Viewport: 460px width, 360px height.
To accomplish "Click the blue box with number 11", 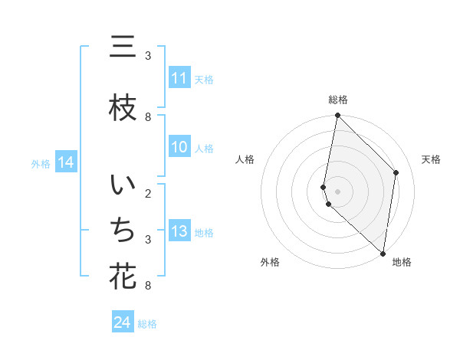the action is (179, 78).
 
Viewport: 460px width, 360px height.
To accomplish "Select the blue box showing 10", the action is (179, 148).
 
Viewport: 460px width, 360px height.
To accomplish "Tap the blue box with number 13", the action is (179, 232).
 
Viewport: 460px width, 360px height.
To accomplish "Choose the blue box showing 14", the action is (65, 162).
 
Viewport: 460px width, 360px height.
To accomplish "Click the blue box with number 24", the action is (122, 323).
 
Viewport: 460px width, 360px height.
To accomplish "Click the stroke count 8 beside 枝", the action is (147, 117).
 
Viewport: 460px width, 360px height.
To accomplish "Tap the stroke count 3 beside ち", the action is (147, 240).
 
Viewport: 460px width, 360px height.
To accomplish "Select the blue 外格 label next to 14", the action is (40, 163).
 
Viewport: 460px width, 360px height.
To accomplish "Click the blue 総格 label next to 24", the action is (147, 324).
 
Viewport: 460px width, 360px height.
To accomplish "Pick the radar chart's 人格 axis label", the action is (245, 159).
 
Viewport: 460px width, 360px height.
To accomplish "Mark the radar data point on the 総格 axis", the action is (337, 116).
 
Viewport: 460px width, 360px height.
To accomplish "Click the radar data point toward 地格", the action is (383, 253).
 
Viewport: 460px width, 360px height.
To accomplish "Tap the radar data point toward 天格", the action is (396, 172).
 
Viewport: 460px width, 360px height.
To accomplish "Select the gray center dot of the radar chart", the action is (337, 191).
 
